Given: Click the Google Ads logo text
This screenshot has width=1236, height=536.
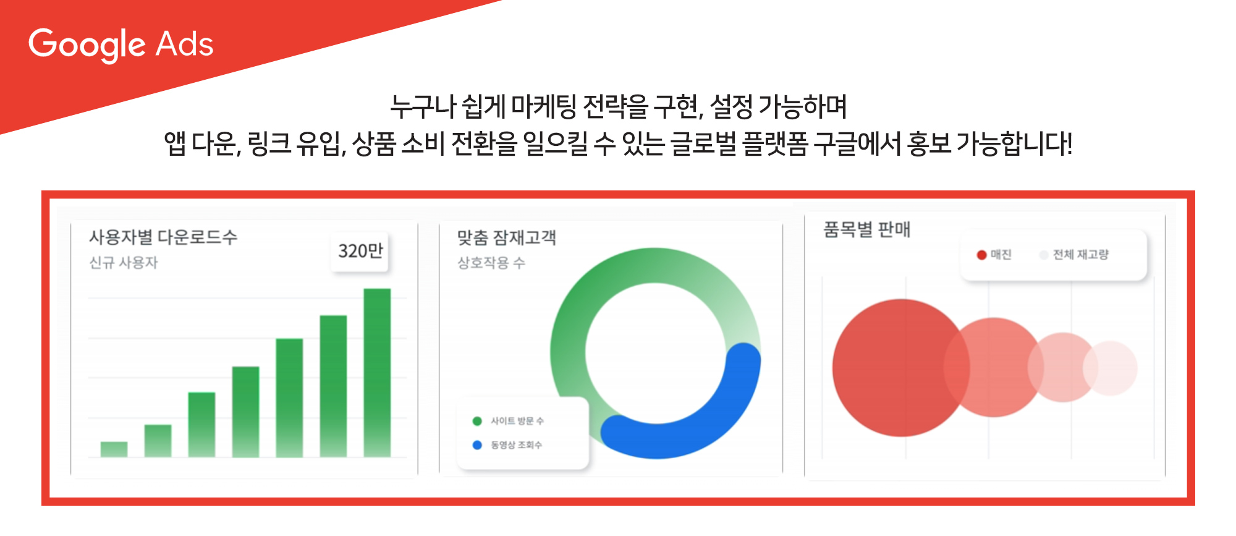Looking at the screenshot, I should click(x=121, y=45).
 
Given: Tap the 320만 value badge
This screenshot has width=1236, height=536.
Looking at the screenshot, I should click(x=360, y=251).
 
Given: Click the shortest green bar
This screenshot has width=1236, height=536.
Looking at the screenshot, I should click(x=114, y=449).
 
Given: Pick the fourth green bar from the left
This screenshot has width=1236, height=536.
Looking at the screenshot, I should click(x=245, y=412).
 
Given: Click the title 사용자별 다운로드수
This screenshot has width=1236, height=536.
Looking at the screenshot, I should click(x=163, y=237).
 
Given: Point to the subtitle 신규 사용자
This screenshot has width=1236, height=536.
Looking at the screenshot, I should click(x=124, y=263).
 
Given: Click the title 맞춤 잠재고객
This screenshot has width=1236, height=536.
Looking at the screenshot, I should click(x=507, y=238).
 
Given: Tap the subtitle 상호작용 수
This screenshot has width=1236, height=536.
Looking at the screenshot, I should click(x=491, y=263).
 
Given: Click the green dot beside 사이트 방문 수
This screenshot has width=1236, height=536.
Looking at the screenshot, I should click(x=477, y=421).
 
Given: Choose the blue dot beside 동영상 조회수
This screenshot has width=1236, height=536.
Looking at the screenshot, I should click(x=477, y=445).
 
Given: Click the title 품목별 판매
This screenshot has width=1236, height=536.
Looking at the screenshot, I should click(x=867, y=230).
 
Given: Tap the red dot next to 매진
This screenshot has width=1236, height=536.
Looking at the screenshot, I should click(x=981, y=255).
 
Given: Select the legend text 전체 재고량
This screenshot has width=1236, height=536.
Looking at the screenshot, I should click(x=1081, y=255).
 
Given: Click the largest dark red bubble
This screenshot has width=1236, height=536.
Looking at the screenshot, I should click(x=893, y=368).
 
